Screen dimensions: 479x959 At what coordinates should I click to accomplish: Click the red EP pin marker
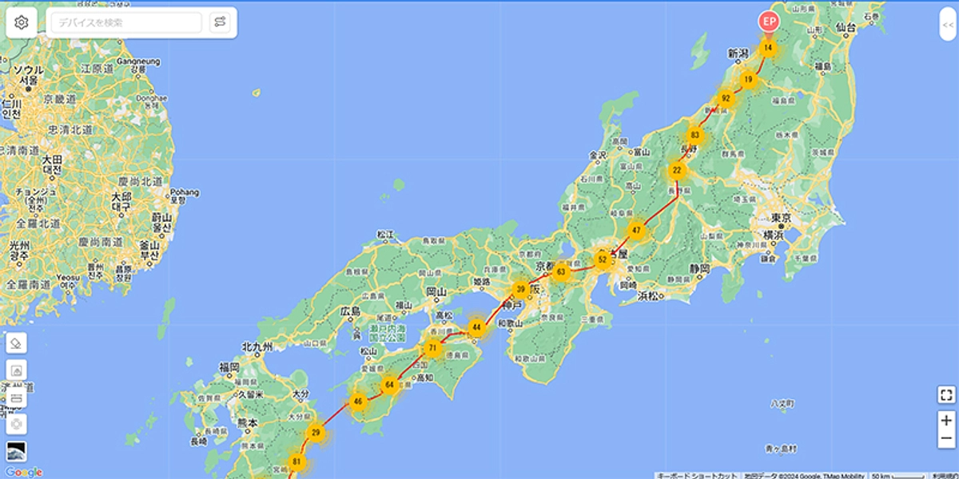click(768, 22)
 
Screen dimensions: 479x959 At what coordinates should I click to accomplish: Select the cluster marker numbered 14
click(768, 48)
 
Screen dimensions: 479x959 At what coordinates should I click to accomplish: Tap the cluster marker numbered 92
click(726, 99)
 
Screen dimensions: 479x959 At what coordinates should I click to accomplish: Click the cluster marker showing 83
click(695, 135)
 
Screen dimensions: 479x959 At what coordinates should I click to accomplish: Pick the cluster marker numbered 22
click(677, 170)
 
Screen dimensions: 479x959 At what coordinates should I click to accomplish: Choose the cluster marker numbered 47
click(636, 231)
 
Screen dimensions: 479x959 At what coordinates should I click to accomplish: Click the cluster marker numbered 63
click(561, 271)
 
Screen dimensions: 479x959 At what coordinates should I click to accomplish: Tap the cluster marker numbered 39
click(521, 290)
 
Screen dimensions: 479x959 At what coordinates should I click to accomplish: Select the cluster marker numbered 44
click(477, 327)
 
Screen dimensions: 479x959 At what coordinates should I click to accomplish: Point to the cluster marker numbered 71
click(433, 348)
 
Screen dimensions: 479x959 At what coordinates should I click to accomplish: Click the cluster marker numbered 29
click(316, 433)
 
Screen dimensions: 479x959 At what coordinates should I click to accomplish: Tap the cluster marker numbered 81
click(297, 462)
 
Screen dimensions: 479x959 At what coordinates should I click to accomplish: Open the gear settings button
click(22, 22)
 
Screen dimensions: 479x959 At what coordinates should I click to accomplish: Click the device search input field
click(126, 22)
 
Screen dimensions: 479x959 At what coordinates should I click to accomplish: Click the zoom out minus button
click(946, 439)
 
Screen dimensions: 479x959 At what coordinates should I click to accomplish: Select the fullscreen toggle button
click(946, 394)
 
